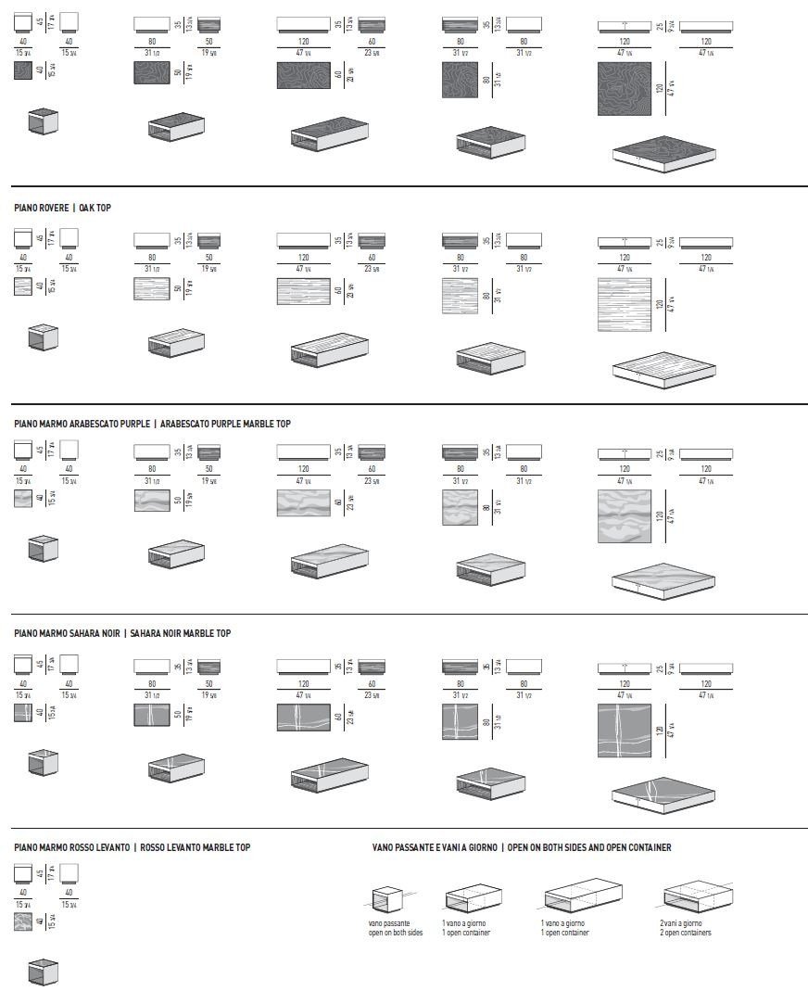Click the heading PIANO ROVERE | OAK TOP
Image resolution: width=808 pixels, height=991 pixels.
pyautogui.click(x=62, y=208)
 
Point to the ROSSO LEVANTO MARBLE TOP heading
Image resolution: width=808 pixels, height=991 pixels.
pyautogui.click(x=196, y=847)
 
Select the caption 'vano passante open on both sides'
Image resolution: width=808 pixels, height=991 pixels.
pyautogui.click(x=396, y=928)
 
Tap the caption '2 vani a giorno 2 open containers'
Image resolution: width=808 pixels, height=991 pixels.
pyautogui.click(x=685, y=928)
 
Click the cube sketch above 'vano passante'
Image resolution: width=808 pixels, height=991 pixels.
pyautogui.click(x=387, y=900)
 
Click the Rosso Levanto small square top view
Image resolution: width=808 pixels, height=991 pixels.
pyautogui.click(x=24, y=922)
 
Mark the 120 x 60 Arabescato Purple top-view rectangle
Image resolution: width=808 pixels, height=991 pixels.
pyautogui.click(x=304, y=502)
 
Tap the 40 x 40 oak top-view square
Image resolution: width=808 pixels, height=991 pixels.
pyautogui.click(x=24, y=286)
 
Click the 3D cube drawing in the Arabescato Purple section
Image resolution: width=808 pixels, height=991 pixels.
pyautogui.click(x=44, y=548)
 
